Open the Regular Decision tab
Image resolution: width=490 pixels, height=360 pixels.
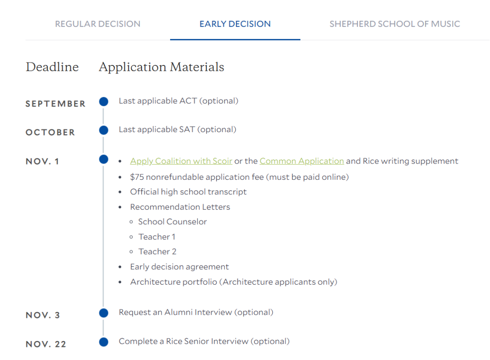click(x=98, y=24)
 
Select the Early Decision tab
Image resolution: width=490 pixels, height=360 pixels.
click(x=235, y=24)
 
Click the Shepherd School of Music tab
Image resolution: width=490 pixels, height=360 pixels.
click(x=395, y=24)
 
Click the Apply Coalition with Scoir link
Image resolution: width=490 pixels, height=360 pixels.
click(x=181, y=161)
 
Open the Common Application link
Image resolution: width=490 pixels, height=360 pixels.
click(x=302, y=161)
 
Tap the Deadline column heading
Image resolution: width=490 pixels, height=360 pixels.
click(x=52, y=67)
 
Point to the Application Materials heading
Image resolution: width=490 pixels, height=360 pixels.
click(x=162, y=67)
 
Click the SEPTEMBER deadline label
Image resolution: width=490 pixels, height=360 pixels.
click(x=55, y=104)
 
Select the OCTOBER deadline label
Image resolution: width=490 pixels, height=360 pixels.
click(x=50, y=133)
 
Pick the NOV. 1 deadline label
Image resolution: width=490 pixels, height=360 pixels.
click(x=43, y=162)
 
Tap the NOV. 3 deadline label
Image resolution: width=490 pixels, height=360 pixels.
click(x=43, y=316)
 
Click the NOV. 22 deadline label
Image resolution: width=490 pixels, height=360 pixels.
click(x=46, y=344)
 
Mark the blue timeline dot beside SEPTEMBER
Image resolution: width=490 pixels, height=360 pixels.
click(x=103, y=102)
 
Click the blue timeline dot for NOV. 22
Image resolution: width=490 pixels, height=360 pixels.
click(x=103, y=342)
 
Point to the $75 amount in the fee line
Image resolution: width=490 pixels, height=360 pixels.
click(x=137, y=177)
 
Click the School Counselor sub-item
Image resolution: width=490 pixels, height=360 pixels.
click(x=172, y=222)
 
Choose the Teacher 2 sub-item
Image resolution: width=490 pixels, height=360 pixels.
click(x=157, y=252)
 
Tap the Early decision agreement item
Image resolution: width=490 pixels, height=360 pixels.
click(x=179, y=267)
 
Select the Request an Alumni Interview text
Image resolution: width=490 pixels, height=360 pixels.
click(x=196, y=312)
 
